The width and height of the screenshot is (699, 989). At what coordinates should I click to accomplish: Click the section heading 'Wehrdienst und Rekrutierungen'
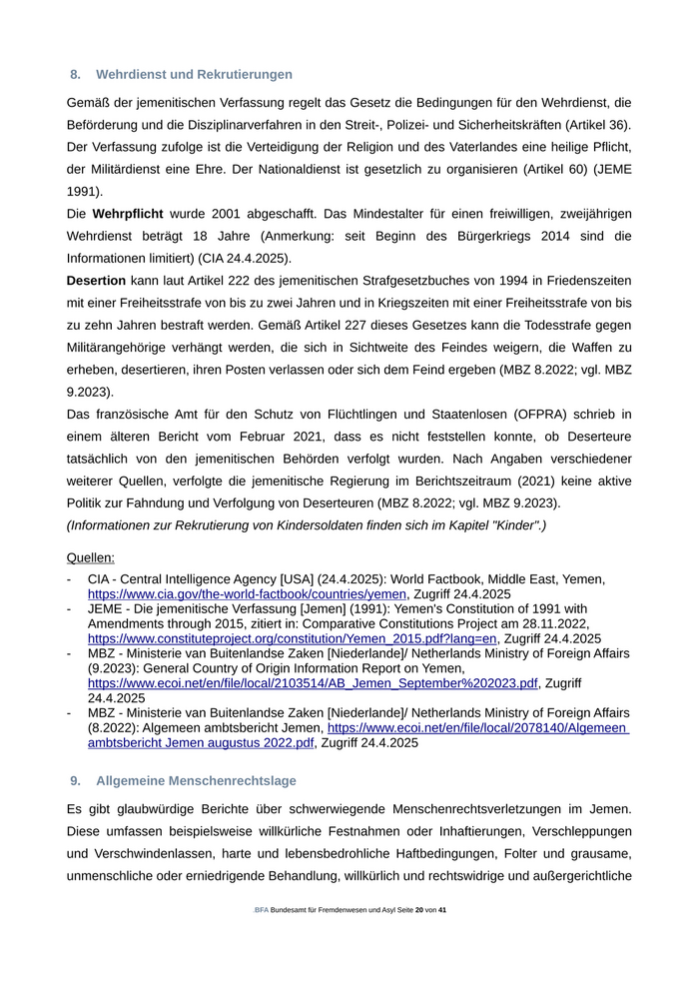pos(194,75)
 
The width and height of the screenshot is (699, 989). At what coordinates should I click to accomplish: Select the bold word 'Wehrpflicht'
pos(130,214)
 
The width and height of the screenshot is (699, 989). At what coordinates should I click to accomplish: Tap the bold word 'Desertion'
pos(96,281)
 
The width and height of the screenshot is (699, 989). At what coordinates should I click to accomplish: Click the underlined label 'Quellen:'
pos(91,557)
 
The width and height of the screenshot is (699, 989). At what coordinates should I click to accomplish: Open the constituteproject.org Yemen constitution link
pos(293,638)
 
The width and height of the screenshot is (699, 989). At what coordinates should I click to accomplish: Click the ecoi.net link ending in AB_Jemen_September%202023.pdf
pos(313,683)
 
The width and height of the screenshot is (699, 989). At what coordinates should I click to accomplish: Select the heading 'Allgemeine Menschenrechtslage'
pos(196,781)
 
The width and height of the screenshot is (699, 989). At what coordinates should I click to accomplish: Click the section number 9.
pos(75,781)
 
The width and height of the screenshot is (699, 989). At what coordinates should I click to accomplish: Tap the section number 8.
pos(75,75)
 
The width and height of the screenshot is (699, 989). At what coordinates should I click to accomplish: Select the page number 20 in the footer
pos(419,911)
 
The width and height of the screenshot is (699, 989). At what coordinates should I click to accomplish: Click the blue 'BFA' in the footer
pos(262,911)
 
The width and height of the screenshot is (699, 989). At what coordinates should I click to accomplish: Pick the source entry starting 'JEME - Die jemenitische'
pos(338,608)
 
